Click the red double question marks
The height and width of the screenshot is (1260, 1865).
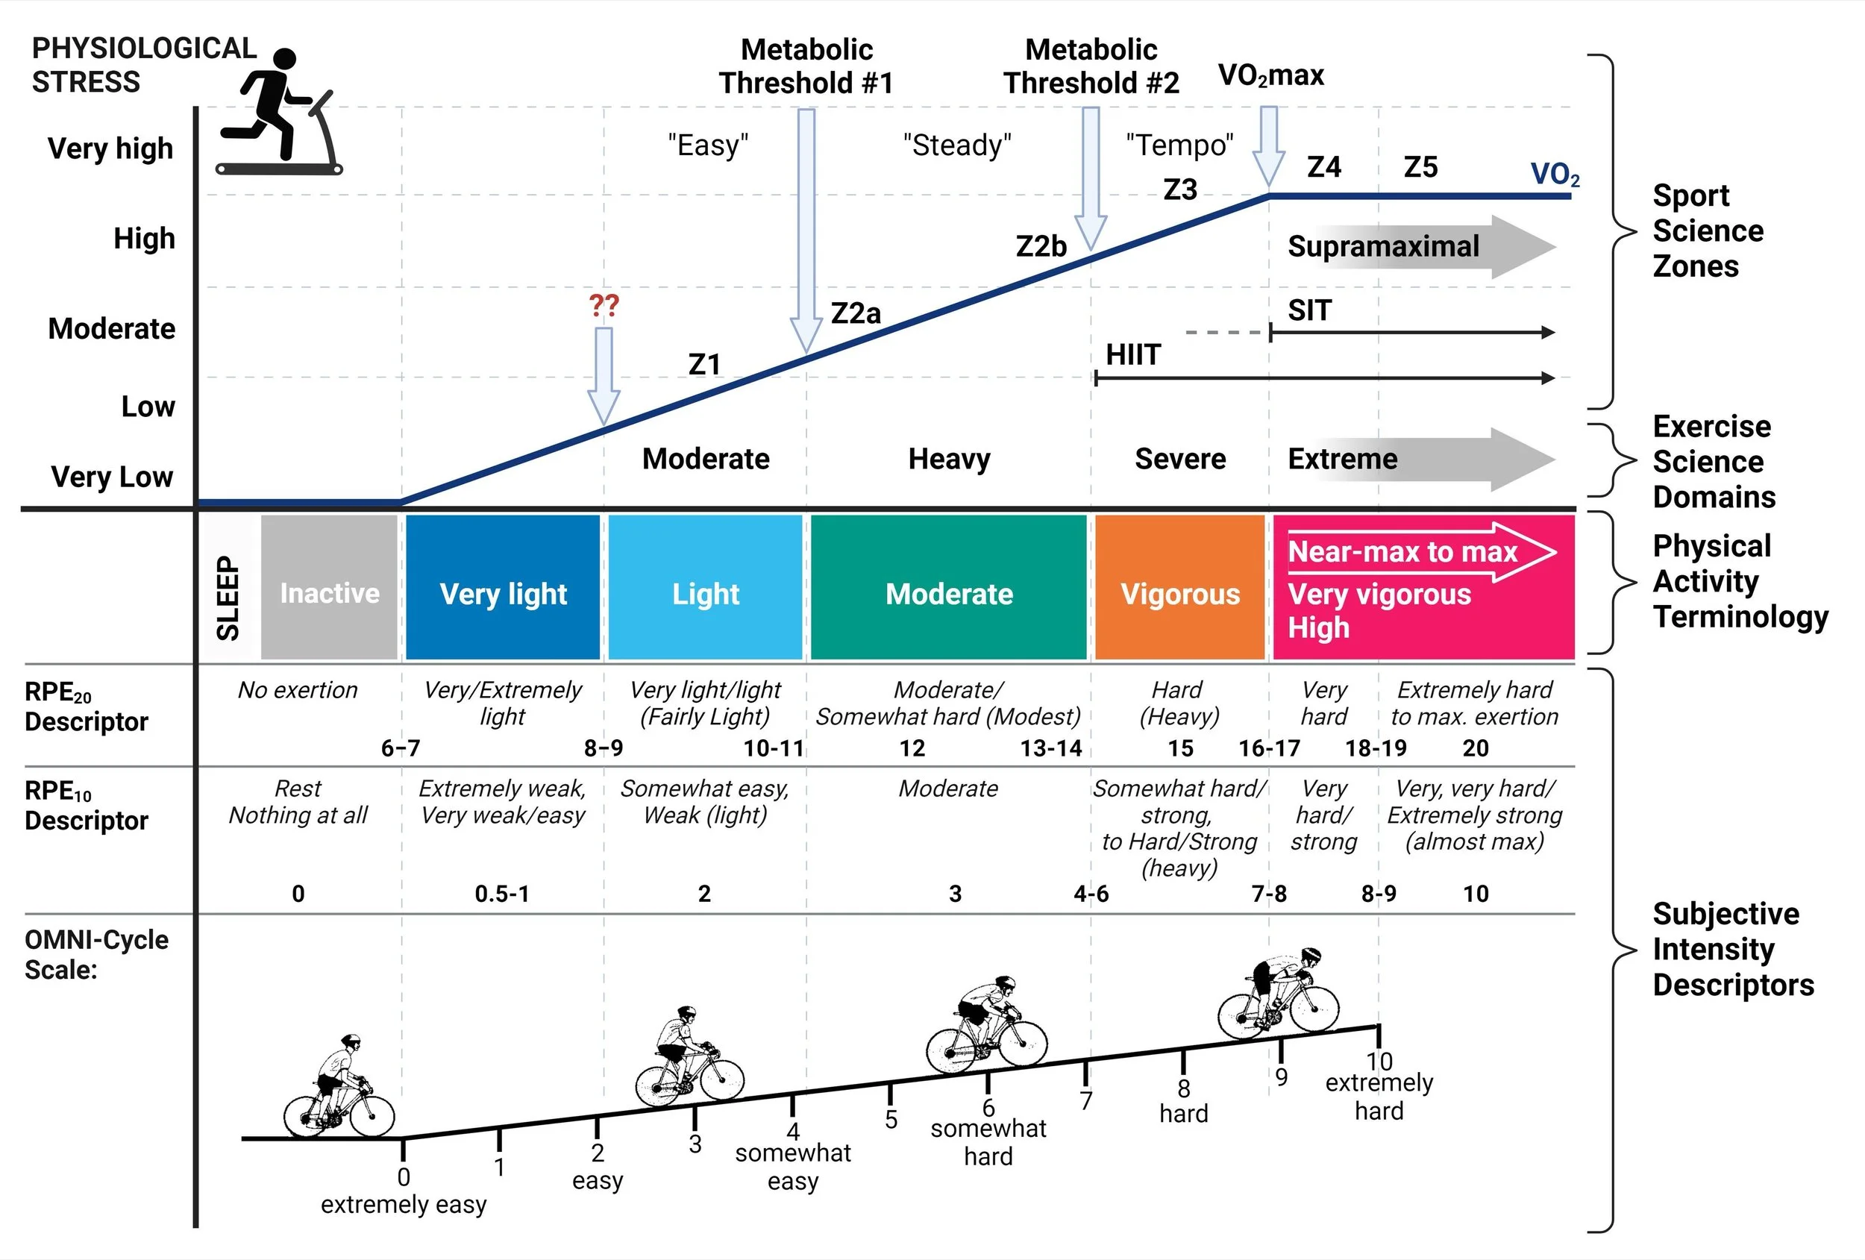pyautogui.click(x=604, y=305)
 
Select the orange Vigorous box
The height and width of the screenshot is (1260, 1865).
pyautogui.click(x=1179, y=587)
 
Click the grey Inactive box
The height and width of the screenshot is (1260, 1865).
pyautogui.click(x=329, y=587)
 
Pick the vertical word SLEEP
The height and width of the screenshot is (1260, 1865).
pyautogui.click(x=229, y=598)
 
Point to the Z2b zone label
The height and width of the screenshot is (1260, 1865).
pyautogui.click(x=1041, y=246)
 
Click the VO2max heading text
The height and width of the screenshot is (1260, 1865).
pyautogui.click(x=1270, y=75)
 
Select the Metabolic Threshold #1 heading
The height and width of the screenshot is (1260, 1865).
pyautogui.click(x=806, y=66)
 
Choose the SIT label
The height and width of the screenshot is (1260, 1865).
pyautogui.click(x=1309, y=310)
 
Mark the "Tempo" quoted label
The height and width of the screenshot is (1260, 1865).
pyautogui.click(x=1179, y=145)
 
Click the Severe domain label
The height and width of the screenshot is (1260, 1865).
pyautogui.click(x=1179, y=459)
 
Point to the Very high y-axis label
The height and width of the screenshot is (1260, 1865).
pyautogui.click(x=110, y=148)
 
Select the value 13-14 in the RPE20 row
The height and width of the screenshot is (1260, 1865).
pyautogui.click(x=1050, y=749)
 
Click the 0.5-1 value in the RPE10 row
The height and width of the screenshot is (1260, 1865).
pyautogui.click(x=501, y=894)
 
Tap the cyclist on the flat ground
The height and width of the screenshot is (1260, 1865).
pyautogui.click(x=338, y=1088)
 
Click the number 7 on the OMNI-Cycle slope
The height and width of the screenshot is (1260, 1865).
pyautogui.click(x=1085, y=1100)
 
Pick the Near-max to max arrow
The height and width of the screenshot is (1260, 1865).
pyautogui.click(x=1420, y=552)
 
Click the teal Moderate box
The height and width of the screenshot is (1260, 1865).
pyautogui.click(x=949, y=587)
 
